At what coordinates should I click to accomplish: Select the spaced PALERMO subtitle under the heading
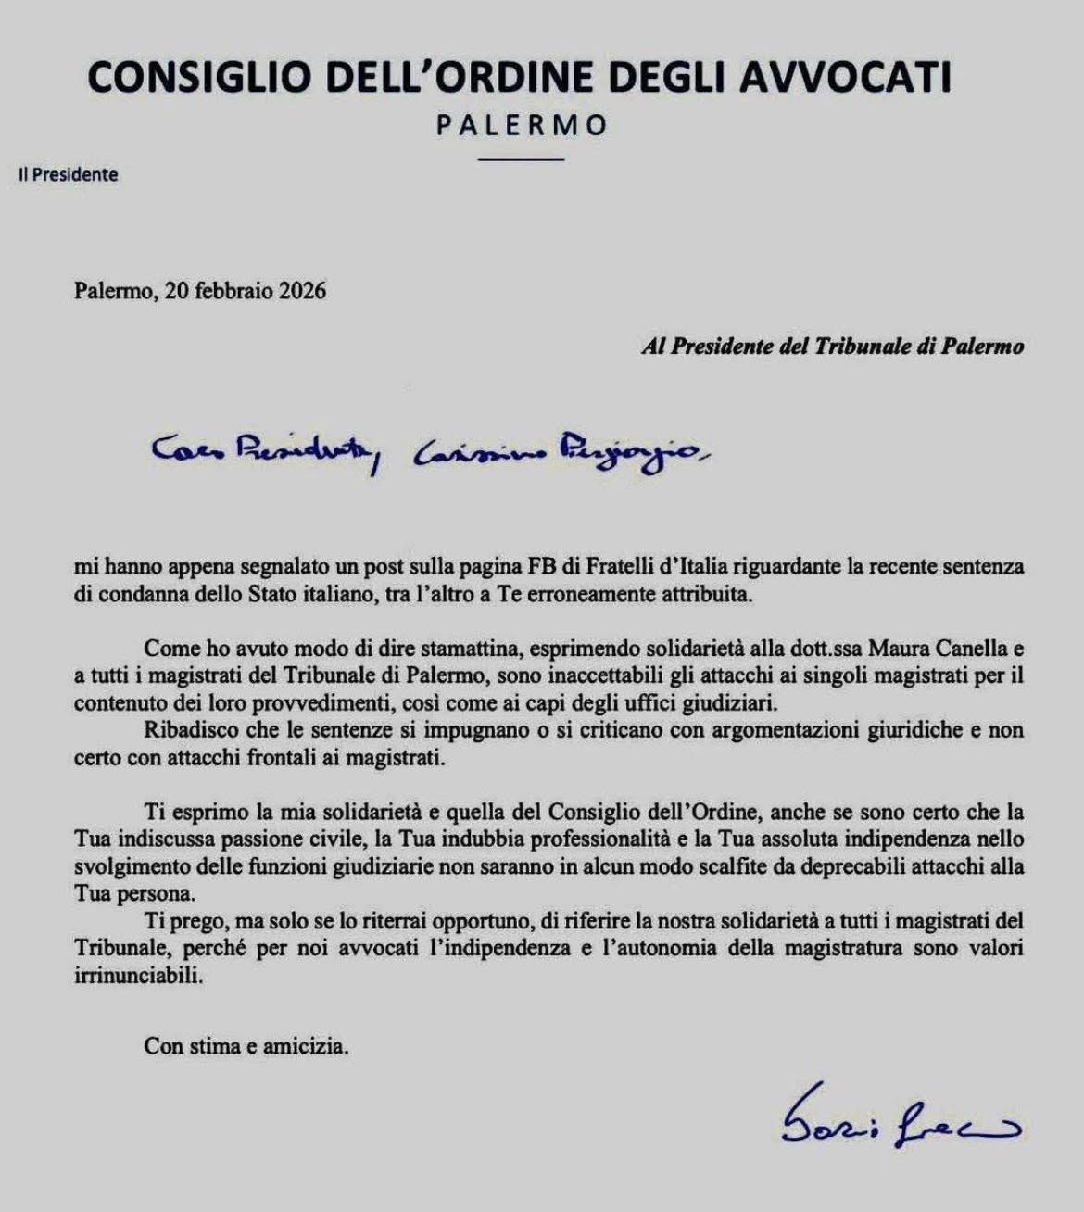click(522, 125)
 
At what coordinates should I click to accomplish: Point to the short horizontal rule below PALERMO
click(522, 159)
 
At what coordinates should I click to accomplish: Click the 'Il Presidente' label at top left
click(69, 174)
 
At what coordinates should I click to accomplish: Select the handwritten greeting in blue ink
click(431, 451)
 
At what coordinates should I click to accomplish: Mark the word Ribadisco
click(189, 730)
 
